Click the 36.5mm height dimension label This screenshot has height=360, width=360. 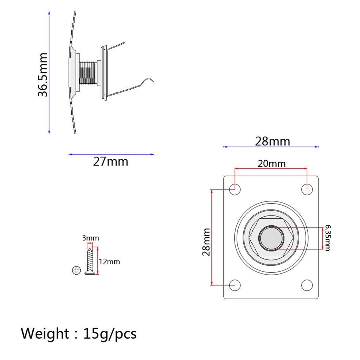(43, 75)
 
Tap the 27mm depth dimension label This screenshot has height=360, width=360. (110, 162)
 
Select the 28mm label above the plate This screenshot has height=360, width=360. (272, 141)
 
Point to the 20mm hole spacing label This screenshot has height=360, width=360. (271, 163)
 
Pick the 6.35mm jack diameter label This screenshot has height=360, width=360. (327, 238)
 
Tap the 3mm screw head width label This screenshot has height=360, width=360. (91, 238)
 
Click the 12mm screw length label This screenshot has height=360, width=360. (109, 262)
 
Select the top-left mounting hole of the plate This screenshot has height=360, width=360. (235, 189)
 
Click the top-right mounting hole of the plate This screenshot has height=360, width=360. (307, 189)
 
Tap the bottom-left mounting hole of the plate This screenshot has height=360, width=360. (235, 285)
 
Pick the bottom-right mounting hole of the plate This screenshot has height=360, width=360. (307, 285)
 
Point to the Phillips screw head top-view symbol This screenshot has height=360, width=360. (76, 270)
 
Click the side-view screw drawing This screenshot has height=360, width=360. (89, 261)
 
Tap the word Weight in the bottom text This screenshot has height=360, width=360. (45, 333)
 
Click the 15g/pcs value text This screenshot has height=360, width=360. (110, 333)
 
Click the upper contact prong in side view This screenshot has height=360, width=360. (116, 46)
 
